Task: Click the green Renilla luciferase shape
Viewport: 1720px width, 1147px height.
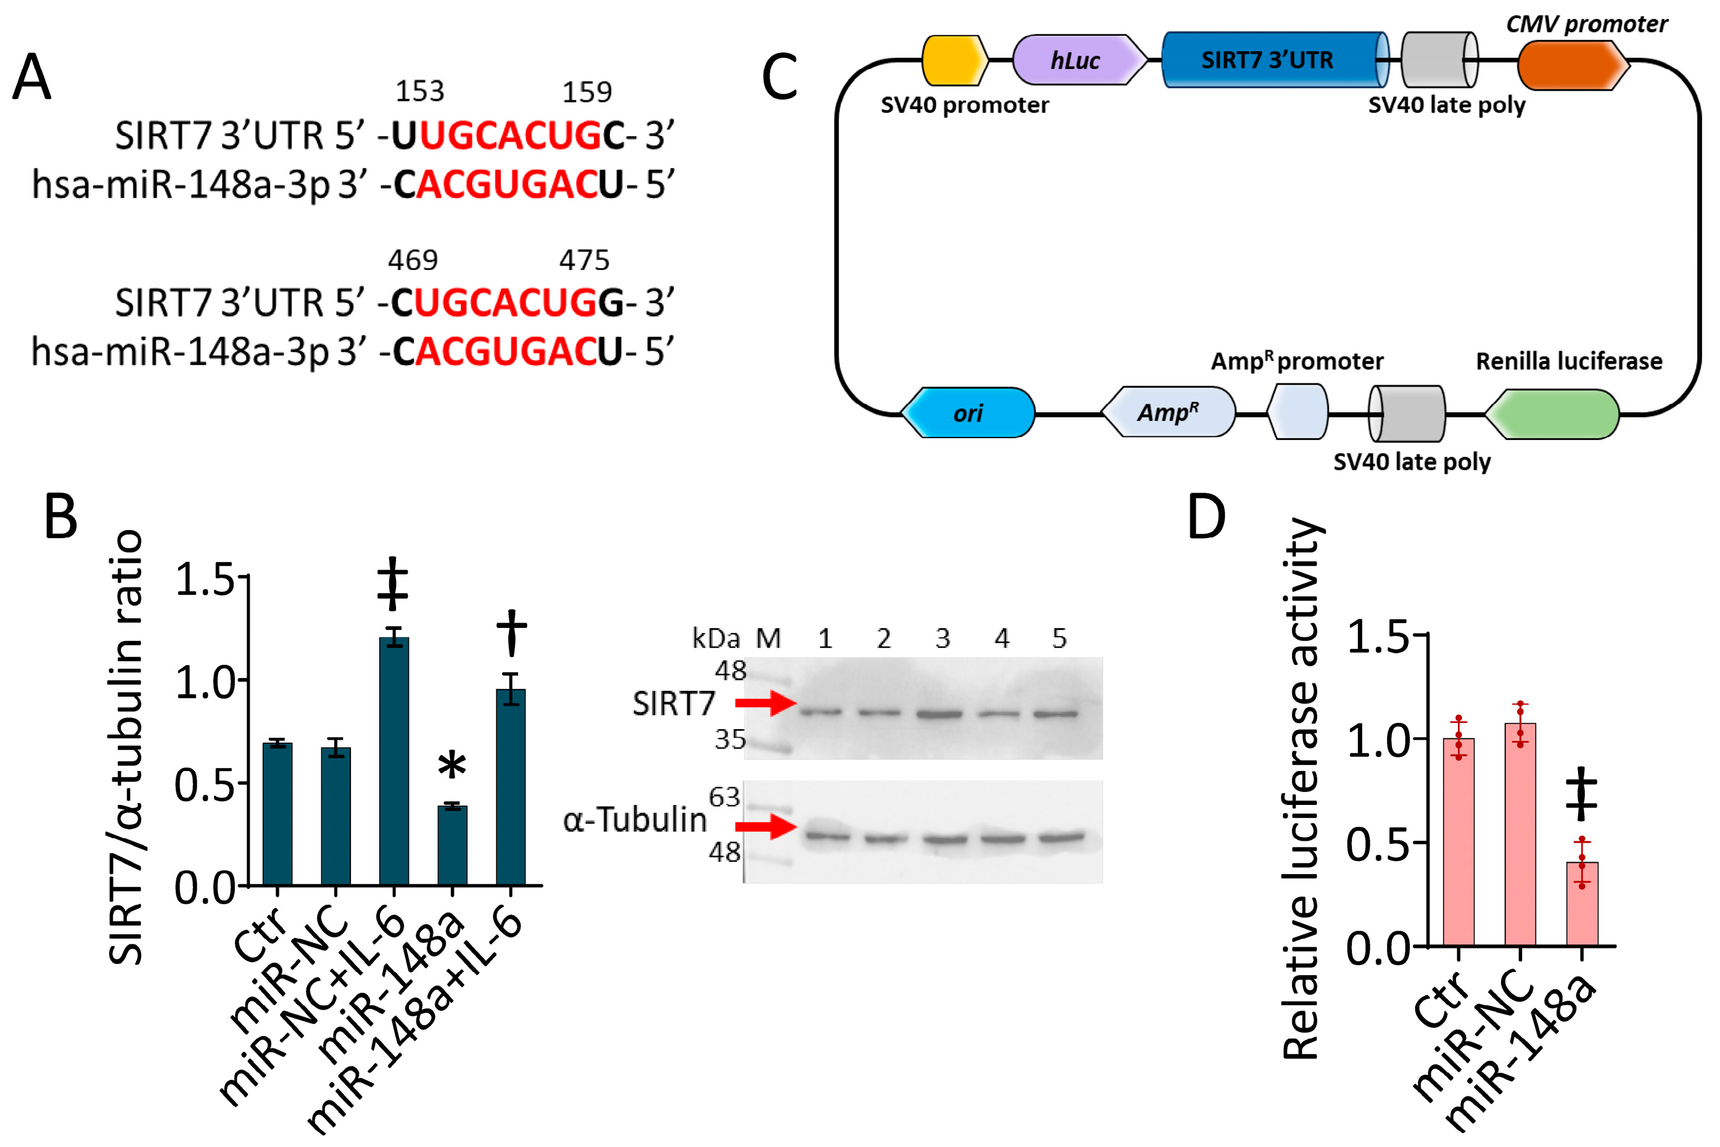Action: click(x=1552, y=414)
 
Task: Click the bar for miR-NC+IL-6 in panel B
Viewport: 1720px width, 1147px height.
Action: click(x=394, y=761)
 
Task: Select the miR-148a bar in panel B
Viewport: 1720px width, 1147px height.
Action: click(x=452, y=845)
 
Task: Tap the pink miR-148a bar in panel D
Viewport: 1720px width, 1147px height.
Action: click(x=1582, y=904)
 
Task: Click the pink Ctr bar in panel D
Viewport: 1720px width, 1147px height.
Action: click(x=1459, y=841)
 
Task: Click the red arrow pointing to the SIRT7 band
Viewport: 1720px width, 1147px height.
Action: click(x=765, y=704)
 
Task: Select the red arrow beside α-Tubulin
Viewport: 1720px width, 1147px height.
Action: click(x=765, y=827)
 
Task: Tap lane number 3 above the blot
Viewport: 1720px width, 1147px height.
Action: click(x=943, y=639)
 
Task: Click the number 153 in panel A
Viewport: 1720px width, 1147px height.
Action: click(x=420, y=91)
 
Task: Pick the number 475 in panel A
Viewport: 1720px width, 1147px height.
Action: click(x=584, y=259)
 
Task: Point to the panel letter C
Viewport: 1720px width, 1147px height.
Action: click(x=780, y=78)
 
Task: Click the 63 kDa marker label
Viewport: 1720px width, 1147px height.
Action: click(x=725, y=796)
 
